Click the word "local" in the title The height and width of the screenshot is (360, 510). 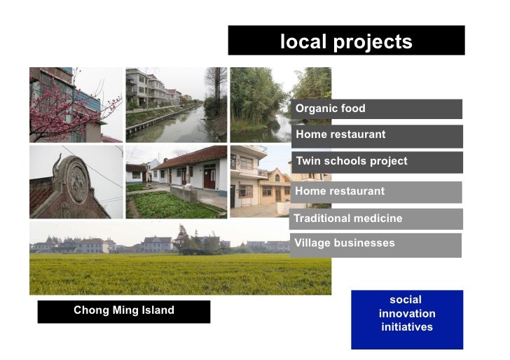304,42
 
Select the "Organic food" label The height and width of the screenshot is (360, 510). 330,109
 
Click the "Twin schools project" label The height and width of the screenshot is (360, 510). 351,161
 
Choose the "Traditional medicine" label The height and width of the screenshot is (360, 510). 348,219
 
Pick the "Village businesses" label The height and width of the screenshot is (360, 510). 344,244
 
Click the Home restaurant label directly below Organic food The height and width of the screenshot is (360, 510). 340,134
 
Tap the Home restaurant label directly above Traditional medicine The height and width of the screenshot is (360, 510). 340,191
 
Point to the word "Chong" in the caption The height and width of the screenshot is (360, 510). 89,310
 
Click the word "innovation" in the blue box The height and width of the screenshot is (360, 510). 407,314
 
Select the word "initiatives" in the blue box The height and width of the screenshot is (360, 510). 407,327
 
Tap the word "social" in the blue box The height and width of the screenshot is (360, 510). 407,300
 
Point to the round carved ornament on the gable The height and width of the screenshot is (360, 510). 76,180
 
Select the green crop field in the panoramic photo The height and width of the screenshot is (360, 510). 175,273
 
